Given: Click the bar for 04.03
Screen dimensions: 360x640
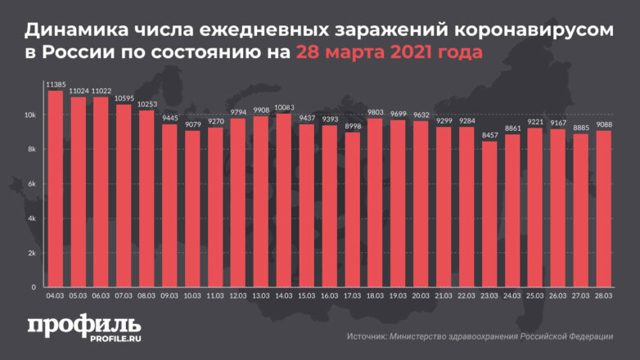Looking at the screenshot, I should pyautogui.click(x=56, y=189).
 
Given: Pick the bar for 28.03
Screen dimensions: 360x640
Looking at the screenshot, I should pyautogui.click(x=603, y=209).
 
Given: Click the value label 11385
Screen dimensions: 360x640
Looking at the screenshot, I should pyautogui.click(x=56, y=83).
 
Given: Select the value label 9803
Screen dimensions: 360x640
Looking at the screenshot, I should pyautogui.click(x=376, y=112).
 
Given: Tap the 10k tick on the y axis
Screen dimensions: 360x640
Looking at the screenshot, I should pyautogui.click(x=29, y=115).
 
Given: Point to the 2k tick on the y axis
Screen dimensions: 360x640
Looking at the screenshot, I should pyautogui.click(x=31, y=254).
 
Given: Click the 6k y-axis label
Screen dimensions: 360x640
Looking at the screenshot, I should pyautogui.click(x=31, y=184).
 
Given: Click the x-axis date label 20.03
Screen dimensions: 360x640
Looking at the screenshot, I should pyautogui.click(x=421, y=297).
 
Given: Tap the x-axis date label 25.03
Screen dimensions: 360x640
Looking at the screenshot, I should pyautogui.click(x=534, y=297).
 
